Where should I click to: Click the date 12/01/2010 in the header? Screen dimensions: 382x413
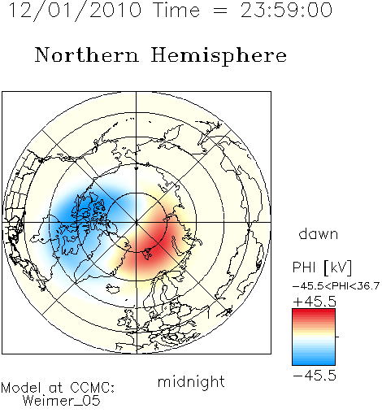click(x=75, y=11)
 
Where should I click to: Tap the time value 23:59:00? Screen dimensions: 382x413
click(x=286, y=11)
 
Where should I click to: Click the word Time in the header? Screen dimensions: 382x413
click(x=176, y=11)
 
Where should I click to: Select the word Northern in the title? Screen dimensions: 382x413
click(x=86, y=54)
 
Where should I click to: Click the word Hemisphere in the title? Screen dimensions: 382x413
click(x=219, y=56)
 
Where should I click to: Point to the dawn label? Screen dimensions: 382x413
click(x=319, y=233)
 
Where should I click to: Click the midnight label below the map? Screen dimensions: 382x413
click(x=191, y=381)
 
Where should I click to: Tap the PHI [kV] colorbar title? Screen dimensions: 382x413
click(x=322, y=267)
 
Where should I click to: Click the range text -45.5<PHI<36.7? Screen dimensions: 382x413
click(x=336, y=286)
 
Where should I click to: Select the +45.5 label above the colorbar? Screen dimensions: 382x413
click(x=315, y=302)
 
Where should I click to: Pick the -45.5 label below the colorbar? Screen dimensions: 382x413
click(x=315, y=376)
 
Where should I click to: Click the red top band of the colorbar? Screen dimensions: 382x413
click(x=314, y=313)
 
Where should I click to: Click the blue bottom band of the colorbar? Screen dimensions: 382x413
click(x=314, y=361)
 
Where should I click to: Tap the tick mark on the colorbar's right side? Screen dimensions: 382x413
click(x=337, y=337)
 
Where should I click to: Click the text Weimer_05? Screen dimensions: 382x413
click(x=62, y=401)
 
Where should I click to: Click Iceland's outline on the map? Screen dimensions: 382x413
click(x=113, y=289)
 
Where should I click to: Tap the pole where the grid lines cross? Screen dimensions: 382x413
click(x=137, y=223)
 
